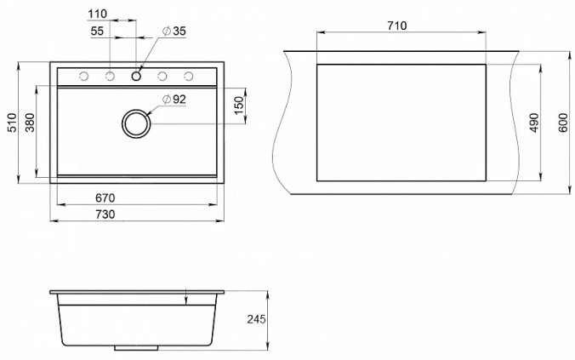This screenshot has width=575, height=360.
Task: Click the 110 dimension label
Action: [97, 14]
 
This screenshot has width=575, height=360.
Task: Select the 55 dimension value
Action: [97, 31]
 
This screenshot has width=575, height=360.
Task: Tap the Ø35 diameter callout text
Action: [174, 31]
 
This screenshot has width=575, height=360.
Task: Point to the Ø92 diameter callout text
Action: [174, 99]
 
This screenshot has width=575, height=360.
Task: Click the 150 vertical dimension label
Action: [239, 106]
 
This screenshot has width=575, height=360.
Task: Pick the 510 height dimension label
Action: [12, 123]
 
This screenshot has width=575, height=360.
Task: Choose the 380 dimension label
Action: [30, 123]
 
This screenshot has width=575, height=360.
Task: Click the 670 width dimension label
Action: [105, 198]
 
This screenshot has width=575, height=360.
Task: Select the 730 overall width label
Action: [105, 214]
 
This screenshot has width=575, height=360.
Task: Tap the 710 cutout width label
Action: [396, 26]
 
